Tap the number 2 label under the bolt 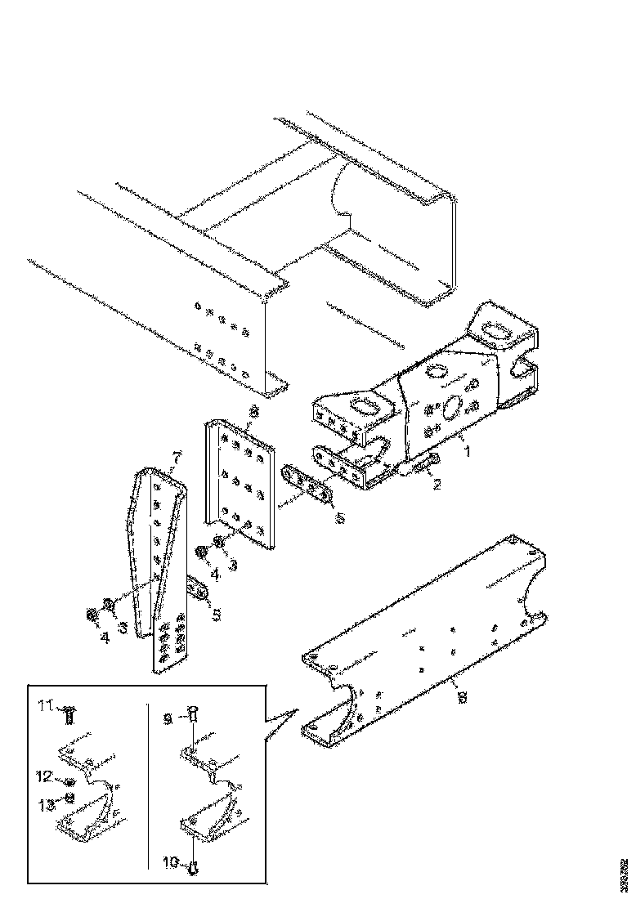(x=438, y=485)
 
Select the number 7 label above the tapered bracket (x=174, y=455)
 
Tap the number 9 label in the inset (x=168, y=718)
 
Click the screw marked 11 (x=69, y=716)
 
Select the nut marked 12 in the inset (x=70, y=782)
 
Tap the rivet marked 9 (x=192, y=713)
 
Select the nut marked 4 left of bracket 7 (x=91, y=615)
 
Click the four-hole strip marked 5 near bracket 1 (x=307, y=485)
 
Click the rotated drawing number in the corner (x=625, y=874)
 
